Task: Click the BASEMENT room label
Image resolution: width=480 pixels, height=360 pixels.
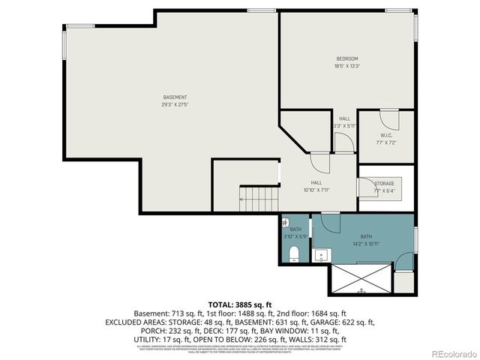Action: (175, 97)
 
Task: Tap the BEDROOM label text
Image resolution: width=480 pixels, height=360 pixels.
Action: (346, 58)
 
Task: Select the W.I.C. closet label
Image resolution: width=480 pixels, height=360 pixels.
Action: (387, 135)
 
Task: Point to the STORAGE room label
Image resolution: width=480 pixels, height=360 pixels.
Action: (384, 183)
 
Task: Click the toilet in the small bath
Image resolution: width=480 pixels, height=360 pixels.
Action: (295, 251)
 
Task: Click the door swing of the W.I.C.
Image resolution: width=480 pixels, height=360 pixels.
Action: (389, 118)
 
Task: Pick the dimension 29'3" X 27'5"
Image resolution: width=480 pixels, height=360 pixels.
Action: (175, 104)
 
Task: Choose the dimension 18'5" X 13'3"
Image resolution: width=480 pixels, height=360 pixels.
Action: (346, 66)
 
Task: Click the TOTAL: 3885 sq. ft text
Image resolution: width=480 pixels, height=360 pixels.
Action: (239, 304)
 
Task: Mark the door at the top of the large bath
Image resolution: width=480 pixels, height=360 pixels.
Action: (331, 223)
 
